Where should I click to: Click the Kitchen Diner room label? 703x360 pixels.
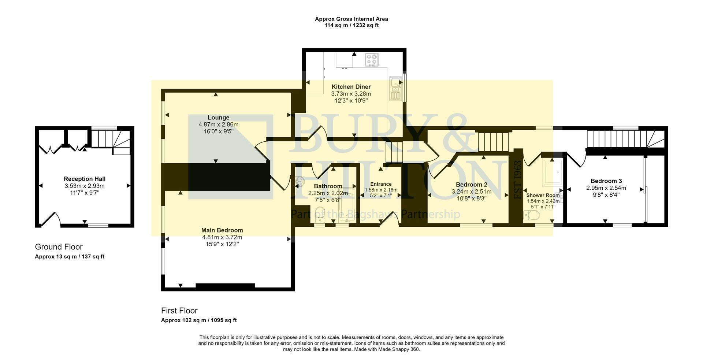point(351,87)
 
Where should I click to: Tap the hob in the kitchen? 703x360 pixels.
point(372,60)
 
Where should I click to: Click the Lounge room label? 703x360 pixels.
point(218,118)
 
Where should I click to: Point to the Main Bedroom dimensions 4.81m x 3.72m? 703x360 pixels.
point(222,237)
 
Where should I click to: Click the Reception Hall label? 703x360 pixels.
point(85,179)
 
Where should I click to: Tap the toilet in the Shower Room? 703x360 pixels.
point(532,215)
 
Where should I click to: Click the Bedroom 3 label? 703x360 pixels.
point(606,181)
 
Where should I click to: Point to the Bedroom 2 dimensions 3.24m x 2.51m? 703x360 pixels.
point(471,192)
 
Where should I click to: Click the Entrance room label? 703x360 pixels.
point(381,184)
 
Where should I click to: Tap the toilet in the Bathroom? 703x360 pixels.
point(320,219)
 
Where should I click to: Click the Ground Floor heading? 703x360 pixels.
point(59,247)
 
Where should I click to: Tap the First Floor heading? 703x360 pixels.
point(179,311)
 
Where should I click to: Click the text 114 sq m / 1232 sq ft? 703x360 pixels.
point(351,25)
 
